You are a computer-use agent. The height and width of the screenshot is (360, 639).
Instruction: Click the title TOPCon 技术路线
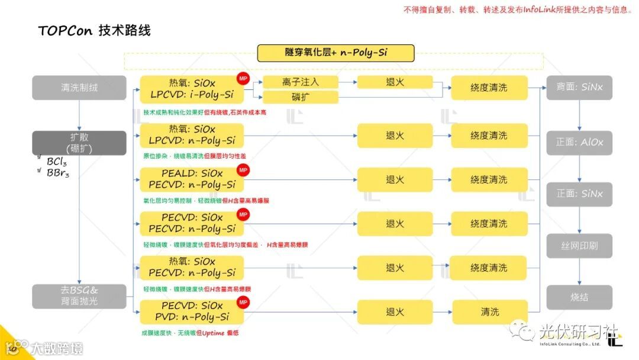click(95, 30)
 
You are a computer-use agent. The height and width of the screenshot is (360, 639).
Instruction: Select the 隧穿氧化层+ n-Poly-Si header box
click(335, 53)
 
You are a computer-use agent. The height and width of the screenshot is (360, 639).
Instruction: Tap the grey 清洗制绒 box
click(79, 87)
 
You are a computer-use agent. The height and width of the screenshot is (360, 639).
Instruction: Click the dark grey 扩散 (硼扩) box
click(79, 143)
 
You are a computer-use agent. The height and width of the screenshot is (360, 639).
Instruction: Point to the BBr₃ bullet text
click(57, 173)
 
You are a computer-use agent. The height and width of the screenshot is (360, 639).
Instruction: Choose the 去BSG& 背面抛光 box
click(79, 296)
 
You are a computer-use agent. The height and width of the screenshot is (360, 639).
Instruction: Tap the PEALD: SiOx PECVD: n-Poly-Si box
click(192, 179)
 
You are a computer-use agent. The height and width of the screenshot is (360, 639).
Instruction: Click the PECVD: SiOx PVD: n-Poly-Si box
click(192, 311)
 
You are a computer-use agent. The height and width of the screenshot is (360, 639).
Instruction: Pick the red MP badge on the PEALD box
click(243, 170)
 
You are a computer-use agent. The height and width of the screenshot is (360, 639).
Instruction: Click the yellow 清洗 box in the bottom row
click(489, 312)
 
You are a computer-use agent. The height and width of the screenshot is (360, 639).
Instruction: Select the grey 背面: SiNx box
click(579, 87)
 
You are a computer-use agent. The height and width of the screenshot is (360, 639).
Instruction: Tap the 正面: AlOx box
click(579, 142)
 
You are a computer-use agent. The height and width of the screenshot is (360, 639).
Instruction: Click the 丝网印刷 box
click(579, 245)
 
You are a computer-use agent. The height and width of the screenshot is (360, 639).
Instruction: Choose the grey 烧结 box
click(579, 297)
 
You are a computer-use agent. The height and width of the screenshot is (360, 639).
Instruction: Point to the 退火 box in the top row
click(395, 82)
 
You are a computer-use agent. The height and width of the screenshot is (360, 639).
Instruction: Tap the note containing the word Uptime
click(190, 333)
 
